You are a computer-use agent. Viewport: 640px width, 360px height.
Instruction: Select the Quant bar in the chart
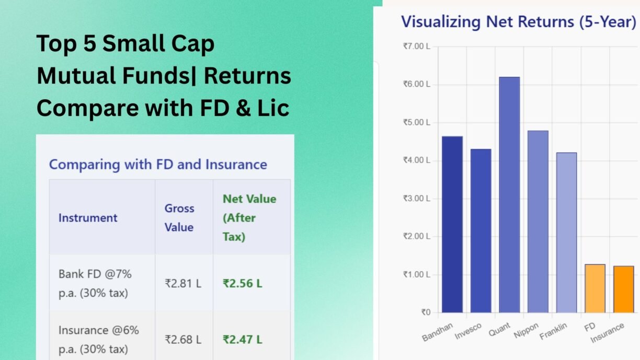coord(509,195)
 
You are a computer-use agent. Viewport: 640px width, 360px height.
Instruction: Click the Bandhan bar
coord(452,224)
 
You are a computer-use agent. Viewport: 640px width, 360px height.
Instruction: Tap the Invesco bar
coord(481,230)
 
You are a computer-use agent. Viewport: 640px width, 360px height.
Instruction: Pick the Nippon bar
coord(538,222)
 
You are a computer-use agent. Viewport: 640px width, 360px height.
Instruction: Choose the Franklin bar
coord(567,233)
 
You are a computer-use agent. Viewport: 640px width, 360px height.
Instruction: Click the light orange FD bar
coord(595,288)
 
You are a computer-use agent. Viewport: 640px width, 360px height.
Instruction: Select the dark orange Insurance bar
coord(624,289)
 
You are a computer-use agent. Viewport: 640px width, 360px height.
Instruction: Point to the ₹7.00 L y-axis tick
coord(417,47)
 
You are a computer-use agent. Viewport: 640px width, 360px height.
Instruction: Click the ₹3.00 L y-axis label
coord(417,199)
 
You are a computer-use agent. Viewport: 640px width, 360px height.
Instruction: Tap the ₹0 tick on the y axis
coord(426,312)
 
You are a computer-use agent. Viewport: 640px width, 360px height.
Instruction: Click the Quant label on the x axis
coord(499,330)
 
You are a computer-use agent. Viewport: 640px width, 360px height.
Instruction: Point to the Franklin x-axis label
coord(553,331)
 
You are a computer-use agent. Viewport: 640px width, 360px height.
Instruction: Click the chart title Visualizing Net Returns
coord(518,22)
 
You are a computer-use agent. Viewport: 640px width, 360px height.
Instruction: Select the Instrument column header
coord(88,218)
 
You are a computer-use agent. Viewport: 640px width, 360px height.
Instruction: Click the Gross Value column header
coord(179,218)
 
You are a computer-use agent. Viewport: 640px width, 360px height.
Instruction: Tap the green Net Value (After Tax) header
coord(249,218)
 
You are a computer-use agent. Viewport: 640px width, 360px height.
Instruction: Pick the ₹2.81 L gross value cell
coord(183,284)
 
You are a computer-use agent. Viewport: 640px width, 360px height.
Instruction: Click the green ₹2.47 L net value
coord(242,340)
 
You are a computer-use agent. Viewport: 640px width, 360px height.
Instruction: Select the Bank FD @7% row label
coord(95,284)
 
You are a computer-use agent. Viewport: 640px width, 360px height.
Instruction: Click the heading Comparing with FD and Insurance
coord(158,165)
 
